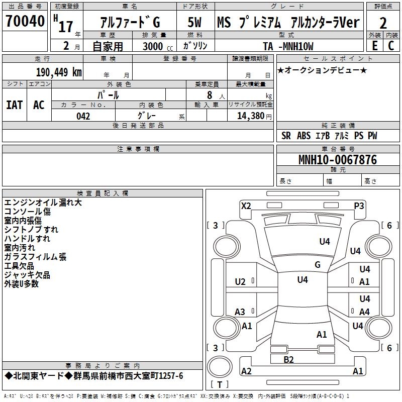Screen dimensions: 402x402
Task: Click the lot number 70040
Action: pos(25,22)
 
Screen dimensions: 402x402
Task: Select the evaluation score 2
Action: pos(383,23)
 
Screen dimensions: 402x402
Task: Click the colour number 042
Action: pos(83,116)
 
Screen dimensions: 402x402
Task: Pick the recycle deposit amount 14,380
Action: pos(250,116)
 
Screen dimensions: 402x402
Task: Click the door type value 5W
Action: pos(195,23)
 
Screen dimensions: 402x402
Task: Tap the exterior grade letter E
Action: pos(374,46)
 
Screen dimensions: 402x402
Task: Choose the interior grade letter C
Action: pos(390,46)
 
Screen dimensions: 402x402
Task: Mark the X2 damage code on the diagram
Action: pos(246,206)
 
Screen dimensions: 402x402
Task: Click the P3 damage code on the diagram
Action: pos(359,206)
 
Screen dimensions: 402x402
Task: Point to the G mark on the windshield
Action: pos(317,265)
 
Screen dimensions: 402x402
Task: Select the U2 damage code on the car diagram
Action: pos(240,282)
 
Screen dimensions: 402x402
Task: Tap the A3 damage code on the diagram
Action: pos(240,312)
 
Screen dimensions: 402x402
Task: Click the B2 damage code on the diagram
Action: pos(288,359)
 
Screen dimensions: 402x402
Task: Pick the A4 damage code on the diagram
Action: pos(364,312)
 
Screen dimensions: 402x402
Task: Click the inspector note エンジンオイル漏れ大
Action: pos(43,203)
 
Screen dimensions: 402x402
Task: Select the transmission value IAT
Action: pos(14,105)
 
